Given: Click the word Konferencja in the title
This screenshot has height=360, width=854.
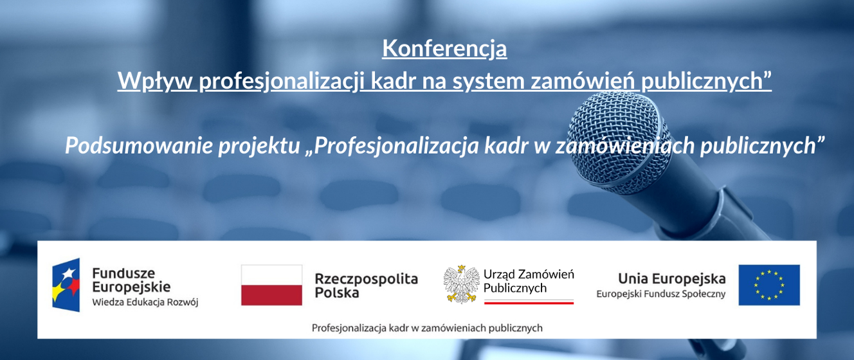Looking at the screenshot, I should [x=444, y=49].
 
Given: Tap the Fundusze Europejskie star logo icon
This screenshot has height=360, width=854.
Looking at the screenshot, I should [x=66, y=285].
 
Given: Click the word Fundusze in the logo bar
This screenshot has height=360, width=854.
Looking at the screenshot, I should [x=123, y=273].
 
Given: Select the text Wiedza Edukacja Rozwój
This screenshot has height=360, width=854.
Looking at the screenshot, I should [x=145, y=302].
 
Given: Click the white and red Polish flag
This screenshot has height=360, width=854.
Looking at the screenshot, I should [x=271, y=285].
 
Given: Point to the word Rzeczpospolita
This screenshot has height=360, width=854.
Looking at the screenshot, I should [x=366, y=279].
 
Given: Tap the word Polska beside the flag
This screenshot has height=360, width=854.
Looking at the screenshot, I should [x=337, y=292].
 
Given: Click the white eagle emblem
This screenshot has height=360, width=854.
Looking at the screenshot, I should [x=462, y=283].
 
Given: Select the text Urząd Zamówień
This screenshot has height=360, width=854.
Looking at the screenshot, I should [x=529, y=274].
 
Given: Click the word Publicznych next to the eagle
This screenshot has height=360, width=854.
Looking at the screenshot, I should [x=515, y=288].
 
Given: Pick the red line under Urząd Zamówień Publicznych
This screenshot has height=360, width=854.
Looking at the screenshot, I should [x=529, y=301].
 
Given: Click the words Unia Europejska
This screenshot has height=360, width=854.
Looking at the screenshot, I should [x=671, y=278].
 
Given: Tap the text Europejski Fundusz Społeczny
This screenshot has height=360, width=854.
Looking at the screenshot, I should [x=660, y=294].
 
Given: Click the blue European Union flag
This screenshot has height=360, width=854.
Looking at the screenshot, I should [x=768, y=285].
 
